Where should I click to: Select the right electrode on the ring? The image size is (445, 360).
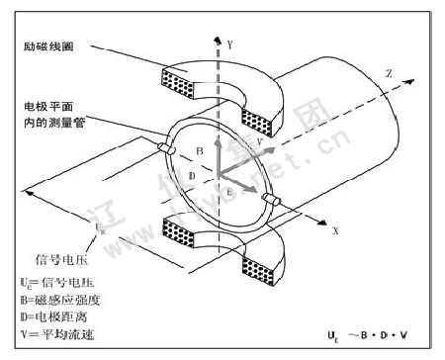click(x=273, y=203)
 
